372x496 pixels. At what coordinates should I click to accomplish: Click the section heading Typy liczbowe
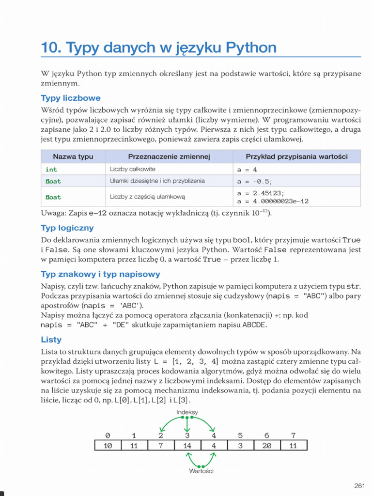(71, 98)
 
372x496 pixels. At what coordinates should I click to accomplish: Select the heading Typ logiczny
(67, 228)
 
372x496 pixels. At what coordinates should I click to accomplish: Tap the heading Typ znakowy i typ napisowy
(100, 274)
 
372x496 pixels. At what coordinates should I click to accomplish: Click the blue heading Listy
(51, 340)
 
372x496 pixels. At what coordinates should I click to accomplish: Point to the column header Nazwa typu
(73, 156)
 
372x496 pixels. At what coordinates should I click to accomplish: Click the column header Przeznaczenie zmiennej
(168, 156)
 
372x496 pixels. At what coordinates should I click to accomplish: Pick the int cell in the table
(51, 170)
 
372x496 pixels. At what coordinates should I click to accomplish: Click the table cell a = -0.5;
(255, 182)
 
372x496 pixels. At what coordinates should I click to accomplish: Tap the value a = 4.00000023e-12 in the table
(273, 201)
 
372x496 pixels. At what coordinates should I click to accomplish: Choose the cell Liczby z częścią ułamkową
(147, 197)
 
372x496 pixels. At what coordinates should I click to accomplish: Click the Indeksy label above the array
(187, 412)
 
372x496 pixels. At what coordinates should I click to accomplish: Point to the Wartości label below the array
(201, 470)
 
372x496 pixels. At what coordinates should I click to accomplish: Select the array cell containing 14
(187, 446)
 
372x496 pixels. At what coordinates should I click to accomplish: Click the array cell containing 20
(266, 446)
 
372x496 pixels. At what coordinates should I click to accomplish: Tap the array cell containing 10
(108, 446)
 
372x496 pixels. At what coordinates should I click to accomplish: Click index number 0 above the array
(108, 435)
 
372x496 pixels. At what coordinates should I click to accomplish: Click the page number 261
(359, 486)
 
